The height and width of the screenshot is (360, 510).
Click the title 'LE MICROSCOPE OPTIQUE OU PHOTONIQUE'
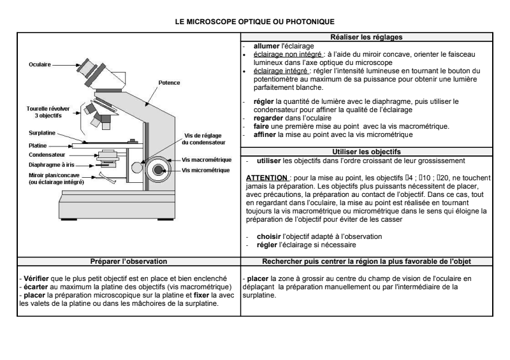click(255, 20)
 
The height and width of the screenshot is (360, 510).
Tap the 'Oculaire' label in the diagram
click(39, 64)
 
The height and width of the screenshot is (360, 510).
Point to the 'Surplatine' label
click(42, 134)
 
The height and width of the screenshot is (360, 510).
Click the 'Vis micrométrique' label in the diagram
click(207, 170)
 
